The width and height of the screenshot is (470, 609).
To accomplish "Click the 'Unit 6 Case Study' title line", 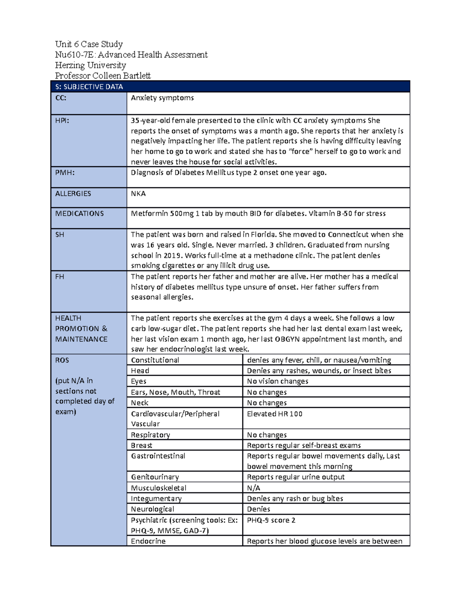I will [89, 44].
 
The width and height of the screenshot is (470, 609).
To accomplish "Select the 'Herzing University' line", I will [90, 65].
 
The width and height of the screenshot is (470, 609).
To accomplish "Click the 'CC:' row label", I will [61, 98].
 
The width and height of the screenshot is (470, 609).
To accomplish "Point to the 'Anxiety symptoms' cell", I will [162, 98].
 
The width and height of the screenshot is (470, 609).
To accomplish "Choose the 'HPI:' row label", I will [62, 121].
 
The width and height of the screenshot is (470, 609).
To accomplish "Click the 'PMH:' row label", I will [65, 173].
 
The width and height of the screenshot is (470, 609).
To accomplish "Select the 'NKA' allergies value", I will [138, 194].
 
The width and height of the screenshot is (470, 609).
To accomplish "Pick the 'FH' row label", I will [60, 277].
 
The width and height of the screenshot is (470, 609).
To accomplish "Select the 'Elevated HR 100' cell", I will [275, 414].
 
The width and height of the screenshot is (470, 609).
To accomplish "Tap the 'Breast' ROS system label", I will [141, 445].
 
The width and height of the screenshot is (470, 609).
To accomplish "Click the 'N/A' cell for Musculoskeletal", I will [253, 488].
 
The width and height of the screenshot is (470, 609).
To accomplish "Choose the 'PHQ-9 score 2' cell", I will [271, 520].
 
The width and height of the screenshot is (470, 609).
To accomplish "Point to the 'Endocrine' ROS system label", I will [148, 541].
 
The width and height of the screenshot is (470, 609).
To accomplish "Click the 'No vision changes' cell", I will [277, 381].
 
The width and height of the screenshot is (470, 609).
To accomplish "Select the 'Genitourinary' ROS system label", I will [155, 477].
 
